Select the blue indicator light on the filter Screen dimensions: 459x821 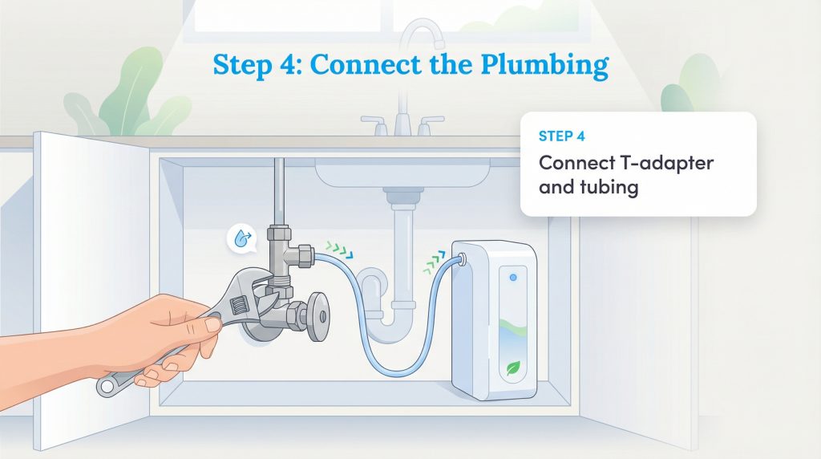click(513, 277)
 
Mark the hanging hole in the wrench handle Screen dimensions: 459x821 click(106, 387)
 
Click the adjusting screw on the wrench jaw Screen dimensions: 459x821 click(239, 306)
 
